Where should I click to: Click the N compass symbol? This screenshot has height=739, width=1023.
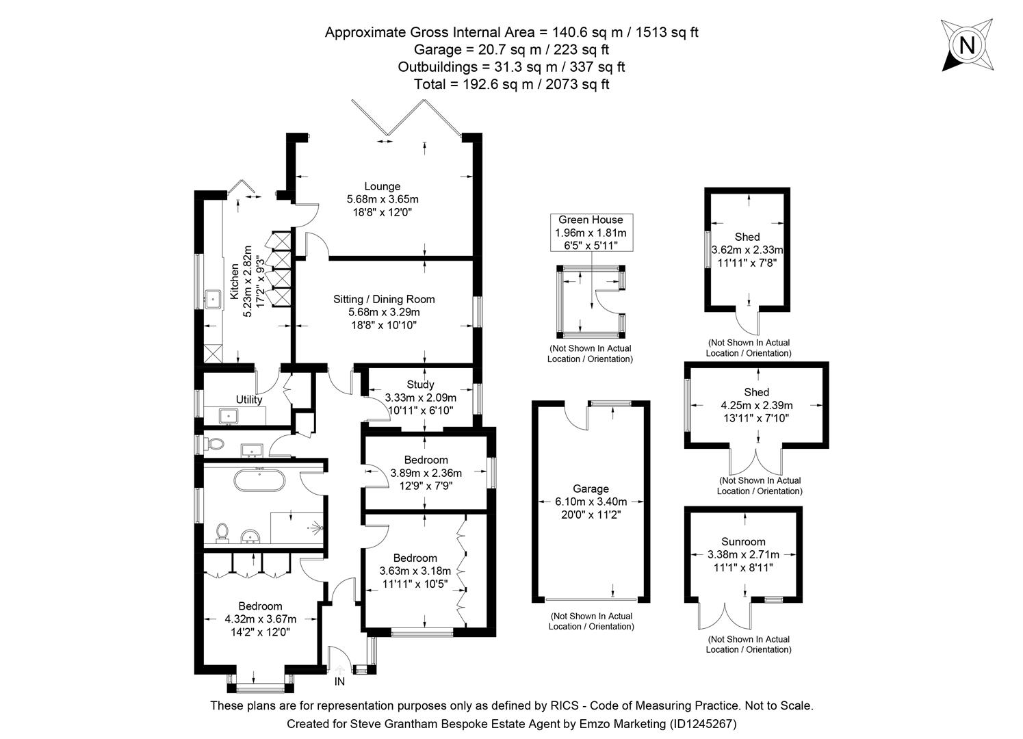(966, 45)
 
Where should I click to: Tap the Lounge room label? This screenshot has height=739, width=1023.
(382, 186)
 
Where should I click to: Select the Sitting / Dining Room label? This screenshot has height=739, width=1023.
(384, 299)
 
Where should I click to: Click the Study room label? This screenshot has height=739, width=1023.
(420, 385)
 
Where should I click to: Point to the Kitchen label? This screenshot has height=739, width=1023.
(235, 282)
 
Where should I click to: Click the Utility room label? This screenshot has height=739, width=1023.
(249, 400)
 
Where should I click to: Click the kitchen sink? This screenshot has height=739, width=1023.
(213, 298)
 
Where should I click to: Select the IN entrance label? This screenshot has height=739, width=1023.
(339, 682)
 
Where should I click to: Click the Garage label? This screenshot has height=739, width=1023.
(591, 489)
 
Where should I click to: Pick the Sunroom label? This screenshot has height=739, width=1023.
(743, 541)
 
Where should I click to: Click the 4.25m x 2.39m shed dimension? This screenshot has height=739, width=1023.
(756, 405)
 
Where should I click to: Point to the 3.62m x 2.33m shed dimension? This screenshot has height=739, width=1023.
(747, 250)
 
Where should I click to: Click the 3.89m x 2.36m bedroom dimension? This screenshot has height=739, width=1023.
(426, 473)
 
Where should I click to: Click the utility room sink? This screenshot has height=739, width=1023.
(228, 415)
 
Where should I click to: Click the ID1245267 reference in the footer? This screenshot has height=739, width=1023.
(703, 723)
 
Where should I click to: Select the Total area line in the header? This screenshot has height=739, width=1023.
(511, 84)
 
